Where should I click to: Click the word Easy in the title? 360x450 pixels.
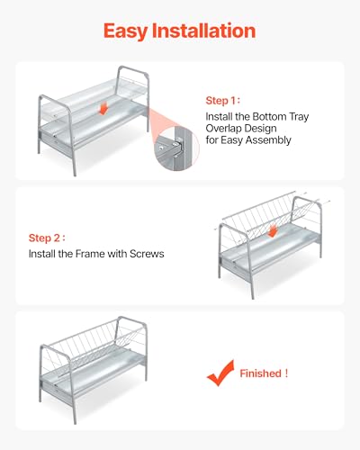point(126,31)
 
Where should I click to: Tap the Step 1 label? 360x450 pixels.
point(222,101)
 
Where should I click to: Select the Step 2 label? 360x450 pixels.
point(47,238)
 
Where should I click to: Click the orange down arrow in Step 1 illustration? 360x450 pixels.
point(103,108)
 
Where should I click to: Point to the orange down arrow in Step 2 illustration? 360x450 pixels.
point(273,231)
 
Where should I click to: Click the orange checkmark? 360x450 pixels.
point(220,373)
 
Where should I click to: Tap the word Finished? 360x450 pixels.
point(260,373)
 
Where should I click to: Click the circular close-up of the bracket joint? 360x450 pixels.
point(176,148)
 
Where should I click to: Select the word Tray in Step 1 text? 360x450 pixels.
point(299,117)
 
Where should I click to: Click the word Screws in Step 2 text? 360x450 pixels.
point(147,254)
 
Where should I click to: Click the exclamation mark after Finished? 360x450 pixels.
point(286,373)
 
